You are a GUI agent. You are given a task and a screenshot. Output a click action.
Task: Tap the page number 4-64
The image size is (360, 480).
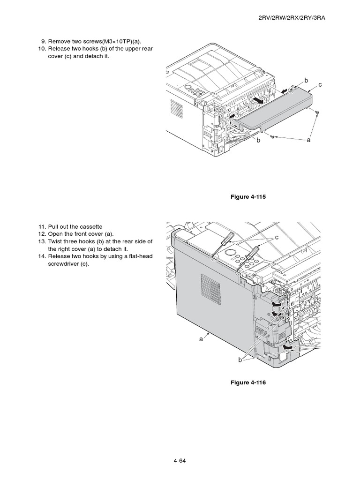(180, 460)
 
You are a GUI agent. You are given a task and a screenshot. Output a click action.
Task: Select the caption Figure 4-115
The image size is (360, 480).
(247, 197)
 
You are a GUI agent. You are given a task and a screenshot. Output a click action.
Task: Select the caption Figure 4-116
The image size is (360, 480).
(247, 382)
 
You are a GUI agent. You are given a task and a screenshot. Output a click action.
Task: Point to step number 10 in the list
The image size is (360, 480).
(42, 49)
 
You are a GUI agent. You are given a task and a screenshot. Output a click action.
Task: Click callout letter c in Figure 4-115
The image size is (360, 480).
(320, 84)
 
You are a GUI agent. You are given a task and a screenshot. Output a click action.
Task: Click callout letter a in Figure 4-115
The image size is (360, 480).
(309, 140)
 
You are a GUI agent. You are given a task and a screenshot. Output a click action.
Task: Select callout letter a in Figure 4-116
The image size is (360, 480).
(200, 339)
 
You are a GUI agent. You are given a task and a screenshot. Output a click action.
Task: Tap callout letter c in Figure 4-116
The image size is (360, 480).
(277, 238)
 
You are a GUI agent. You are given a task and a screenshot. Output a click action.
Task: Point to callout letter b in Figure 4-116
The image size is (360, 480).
(240, 360)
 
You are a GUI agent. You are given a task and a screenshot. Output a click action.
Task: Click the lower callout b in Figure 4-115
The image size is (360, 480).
(258, 140)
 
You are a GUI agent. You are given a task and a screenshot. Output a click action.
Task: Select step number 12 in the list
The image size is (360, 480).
(42, 234)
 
